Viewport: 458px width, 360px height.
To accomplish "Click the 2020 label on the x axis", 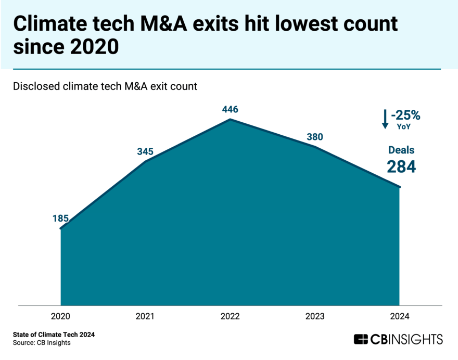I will click(61, 316).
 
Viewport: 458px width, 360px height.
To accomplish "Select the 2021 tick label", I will click(145, 316).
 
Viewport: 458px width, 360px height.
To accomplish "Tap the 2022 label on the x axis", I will click(230, 316).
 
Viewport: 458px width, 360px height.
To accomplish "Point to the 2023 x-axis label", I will click(315, 316).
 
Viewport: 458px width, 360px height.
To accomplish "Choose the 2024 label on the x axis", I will click(399, 316).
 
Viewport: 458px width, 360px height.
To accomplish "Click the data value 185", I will click(61, 218).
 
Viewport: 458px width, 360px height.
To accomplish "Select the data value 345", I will click(145, 151).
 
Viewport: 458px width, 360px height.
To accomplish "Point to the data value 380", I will click(315, 137).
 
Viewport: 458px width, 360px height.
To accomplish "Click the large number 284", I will click(401, 166).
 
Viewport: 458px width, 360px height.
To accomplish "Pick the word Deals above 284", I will click(401, 150).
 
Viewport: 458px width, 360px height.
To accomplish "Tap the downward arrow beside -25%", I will click(385, 119).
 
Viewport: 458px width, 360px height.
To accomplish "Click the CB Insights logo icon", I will click(361, 340).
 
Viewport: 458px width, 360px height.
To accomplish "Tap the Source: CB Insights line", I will click(42, 343).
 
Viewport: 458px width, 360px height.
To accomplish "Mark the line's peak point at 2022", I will click(230, 119).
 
